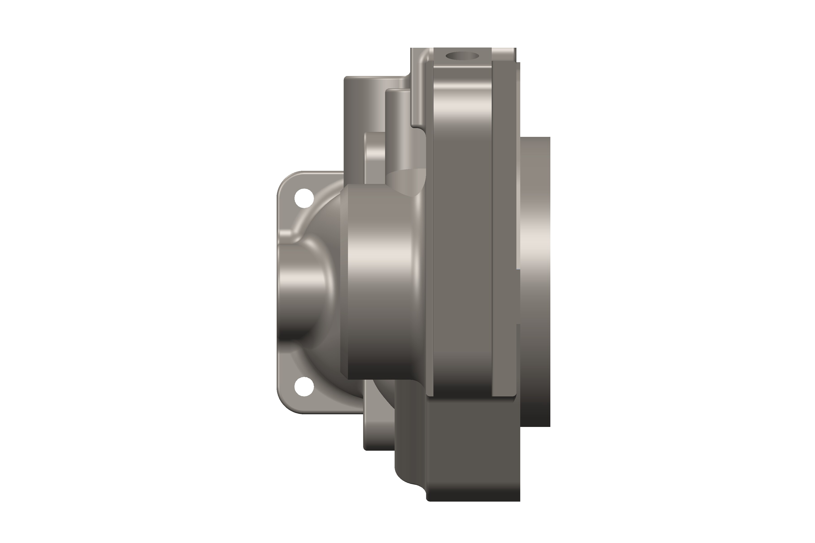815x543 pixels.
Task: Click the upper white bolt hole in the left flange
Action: (x=304, y=198)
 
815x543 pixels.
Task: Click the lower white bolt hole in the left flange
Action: (x=304, y=386)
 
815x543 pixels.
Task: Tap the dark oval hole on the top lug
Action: (x=462, y=56)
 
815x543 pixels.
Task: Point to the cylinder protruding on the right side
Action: (x=535, y=277)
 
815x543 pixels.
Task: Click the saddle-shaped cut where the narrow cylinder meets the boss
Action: (x=407, y=182)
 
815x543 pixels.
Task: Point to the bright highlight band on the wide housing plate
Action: (x=463, y=104)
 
